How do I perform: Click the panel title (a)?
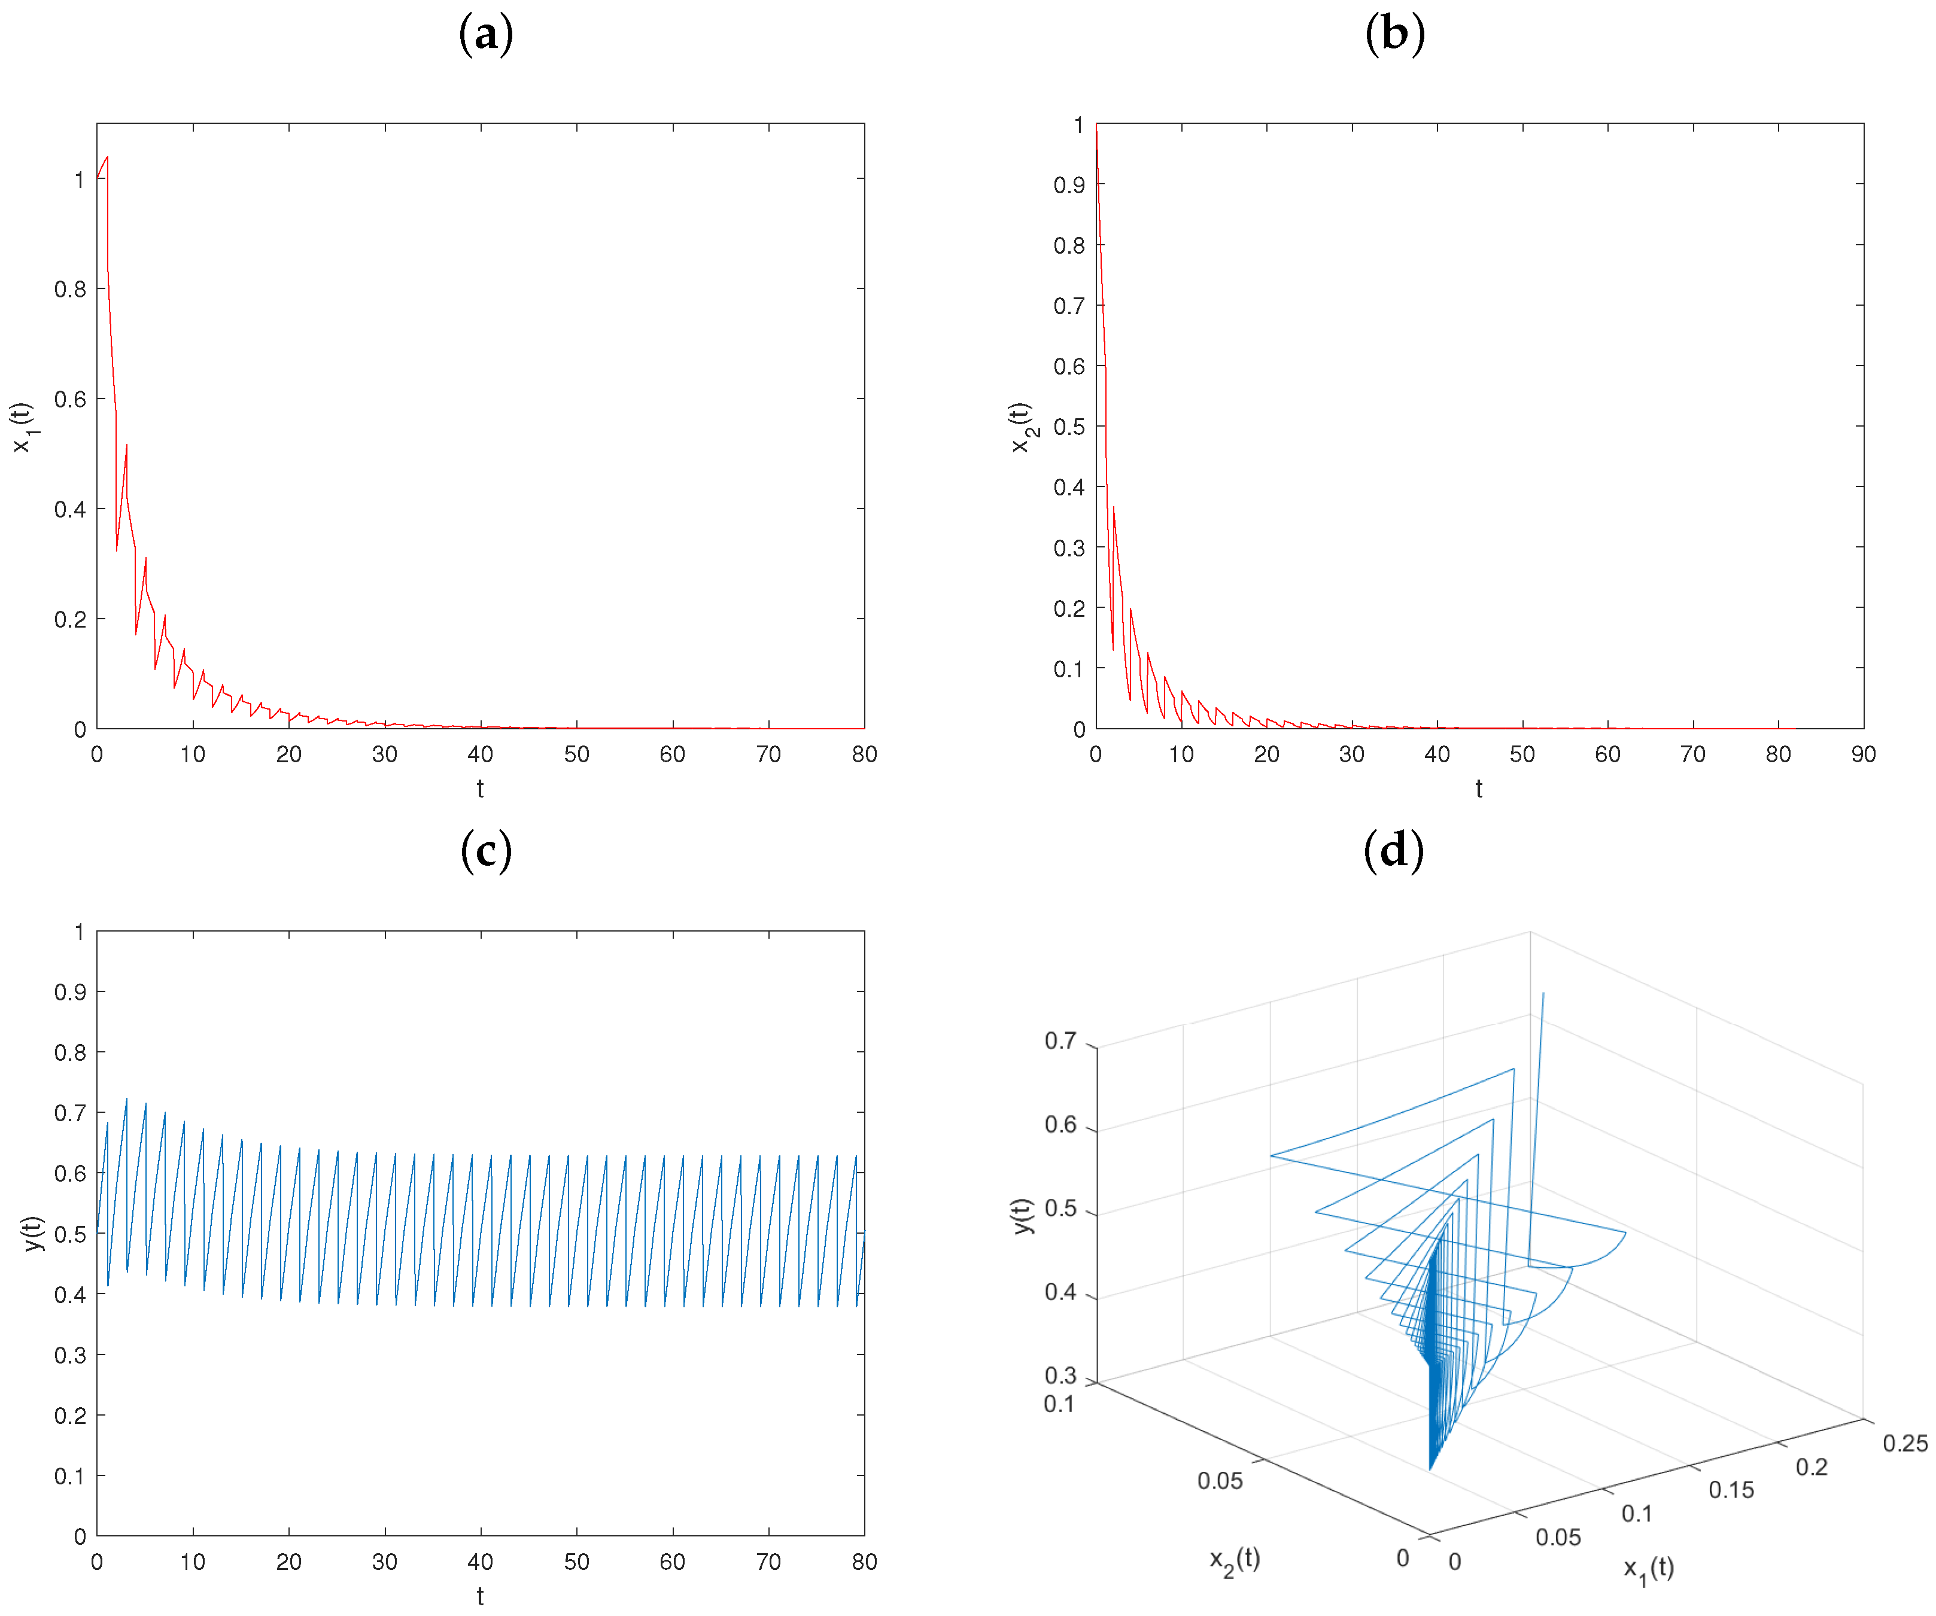coord(486,35)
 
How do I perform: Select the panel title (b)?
coord(1394,35)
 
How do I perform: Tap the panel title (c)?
coord(486,851)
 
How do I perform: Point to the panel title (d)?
coord(1393,851)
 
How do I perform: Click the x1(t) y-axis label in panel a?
coord(22,427)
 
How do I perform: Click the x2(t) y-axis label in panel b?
coord(1022,427)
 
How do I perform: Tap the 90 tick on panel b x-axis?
coord(1862,754)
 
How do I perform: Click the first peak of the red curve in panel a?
coord(108,157)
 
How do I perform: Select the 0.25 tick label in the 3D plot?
coord(1905,1442)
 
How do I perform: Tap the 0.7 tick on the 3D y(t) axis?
coord(1060,1041)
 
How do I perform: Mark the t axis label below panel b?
coord(1479,788)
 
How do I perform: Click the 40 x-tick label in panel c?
coord(481,1562)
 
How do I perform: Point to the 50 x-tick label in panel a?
coord(576,754)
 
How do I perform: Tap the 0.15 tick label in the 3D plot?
coord(1731,1490)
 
